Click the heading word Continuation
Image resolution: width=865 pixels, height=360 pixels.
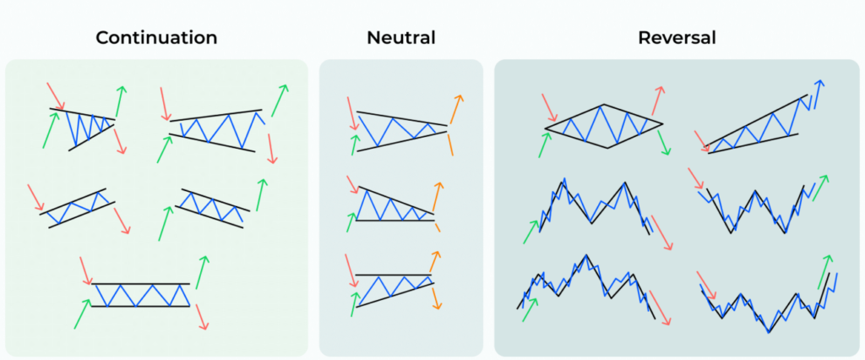tap(156, 38)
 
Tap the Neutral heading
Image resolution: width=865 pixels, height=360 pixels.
tap(400, 38)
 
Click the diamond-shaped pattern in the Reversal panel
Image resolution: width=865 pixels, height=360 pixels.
tap(603, 127)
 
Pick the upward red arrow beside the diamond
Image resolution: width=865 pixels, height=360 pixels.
tap(657, 100)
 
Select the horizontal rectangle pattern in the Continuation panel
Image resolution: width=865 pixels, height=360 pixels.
tap(140, 294)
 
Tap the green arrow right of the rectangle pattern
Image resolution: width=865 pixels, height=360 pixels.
tap(202, 271)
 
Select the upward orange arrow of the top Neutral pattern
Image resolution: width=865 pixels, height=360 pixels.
tap(456, 108)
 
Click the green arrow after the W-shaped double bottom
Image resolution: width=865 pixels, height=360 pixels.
tap(820, 188)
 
